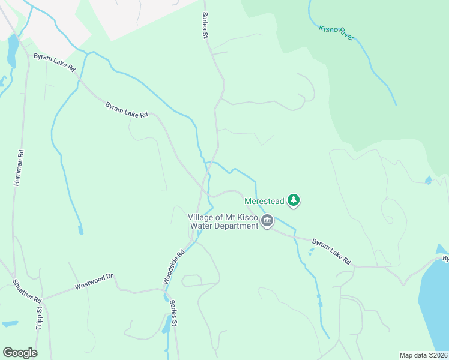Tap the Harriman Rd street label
20,167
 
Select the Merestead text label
264,200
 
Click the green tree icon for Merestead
293,200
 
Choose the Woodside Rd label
173,266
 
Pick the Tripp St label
39,318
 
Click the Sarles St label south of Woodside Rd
173,313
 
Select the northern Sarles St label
205,25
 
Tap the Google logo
20,352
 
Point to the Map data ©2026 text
423,355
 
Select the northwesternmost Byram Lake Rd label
54,63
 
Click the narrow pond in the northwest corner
12,50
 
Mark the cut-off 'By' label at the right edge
445,259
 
